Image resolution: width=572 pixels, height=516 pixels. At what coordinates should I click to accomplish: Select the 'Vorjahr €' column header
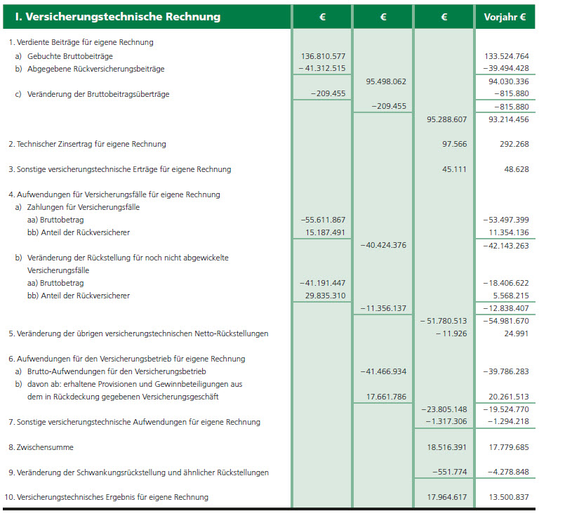pos(505,17)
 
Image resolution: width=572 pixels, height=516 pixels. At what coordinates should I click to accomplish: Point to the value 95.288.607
pos(446,119)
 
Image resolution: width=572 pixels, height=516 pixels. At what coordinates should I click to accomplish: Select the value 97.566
pos(455,144)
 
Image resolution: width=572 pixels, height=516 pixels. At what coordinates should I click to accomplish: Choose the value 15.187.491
pos(324,232)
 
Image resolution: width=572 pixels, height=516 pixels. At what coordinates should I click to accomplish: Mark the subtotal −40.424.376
pos(383,245)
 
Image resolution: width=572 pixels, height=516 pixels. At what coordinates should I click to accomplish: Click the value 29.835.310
pos(324,296)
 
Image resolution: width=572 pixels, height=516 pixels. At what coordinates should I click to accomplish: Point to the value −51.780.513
pos(444,321)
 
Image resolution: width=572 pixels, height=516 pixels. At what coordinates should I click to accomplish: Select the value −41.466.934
pos(383,371)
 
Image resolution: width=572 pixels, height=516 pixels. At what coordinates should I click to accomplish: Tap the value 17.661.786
pos(386,397)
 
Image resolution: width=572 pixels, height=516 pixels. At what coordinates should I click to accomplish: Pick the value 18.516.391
pos(446,447)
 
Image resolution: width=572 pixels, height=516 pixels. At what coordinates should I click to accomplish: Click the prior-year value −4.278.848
pos(508,472)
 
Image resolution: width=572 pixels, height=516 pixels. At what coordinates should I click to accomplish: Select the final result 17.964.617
pos(446,498)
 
